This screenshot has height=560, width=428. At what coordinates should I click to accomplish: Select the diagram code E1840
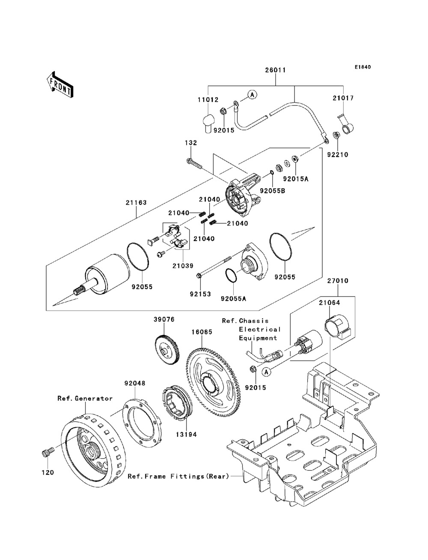pos(363,67)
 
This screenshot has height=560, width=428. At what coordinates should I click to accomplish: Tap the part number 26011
pos(275,70)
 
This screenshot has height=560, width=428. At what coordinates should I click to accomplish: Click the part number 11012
pos(208,100)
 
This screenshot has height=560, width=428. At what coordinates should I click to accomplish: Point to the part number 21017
pos(343,98)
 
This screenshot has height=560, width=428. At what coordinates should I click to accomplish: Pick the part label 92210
pos(338,154)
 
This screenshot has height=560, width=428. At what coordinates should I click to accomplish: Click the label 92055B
pos(273,190)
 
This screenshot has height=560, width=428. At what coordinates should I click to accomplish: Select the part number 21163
pos(136,202)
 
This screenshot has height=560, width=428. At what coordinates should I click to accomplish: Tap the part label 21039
pos(183,266)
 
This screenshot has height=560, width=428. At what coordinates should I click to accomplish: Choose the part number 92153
pos(200,294)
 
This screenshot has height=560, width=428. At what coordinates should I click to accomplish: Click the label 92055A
pos(234,298)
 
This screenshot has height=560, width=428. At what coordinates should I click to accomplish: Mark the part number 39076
pos(164,319)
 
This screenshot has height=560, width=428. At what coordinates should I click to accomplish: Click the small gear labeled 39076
pos(167,351)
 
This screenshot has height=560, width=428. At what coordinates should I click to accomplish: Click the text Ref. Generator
pos(85,398)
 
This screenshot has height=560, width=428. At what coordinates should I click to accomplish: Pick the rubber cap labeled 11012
pos(208,124)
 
